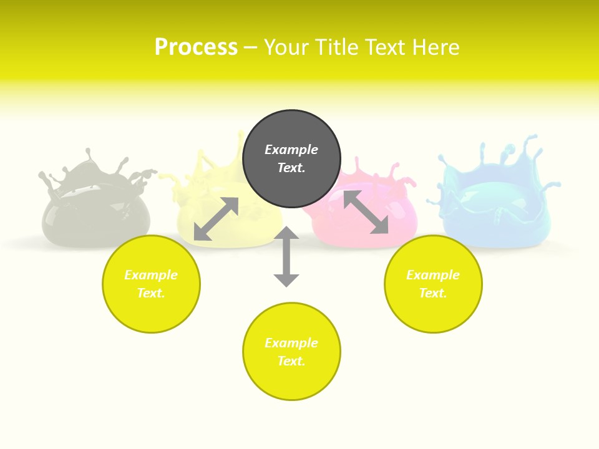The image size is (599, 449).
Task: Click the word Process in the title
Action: click(196, 47)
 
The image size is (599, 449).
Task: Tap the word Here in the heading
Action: click(434, 47)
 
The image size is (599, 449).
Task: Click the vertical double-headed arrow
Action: click(286, 256)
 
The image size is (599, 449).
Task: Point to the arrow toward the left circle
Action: click(216, 219)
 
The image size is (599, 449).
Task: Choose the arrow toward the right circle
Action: click(366, 212)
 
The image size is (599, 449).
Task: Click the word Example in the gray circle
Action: click(291, 150)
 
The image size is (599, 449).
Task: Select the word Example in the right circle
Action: click(433, 275)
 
